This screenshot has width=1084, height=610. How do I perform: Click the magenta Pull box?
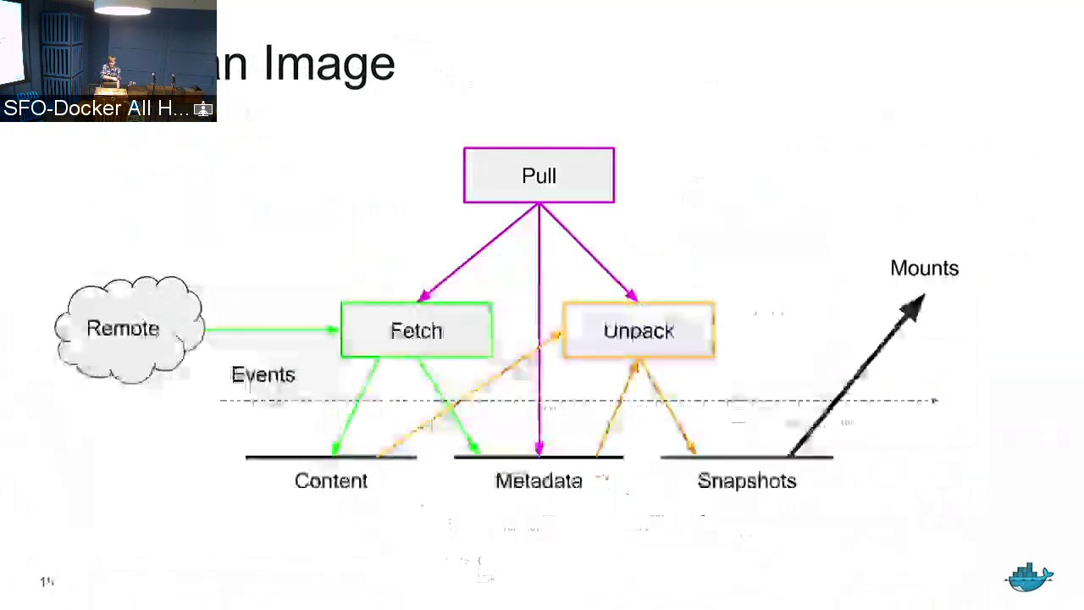pos(539,175)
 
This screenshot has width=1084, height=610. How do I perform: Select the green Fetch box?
pos(416,330)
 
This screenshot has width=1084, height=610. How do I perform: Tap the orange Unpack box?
pos(639,330)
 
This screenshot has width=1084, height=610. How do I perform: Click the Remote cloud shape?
pos(127,329)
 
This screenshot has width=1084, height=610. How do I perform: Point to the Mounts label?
pos(924,269)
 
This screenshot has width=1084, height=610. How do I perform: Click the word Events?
pos(263,375)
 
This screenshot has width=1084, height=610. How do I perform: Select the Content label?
pos(330,481)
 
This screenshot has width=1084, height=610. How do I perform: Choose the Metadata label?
pos(539,481)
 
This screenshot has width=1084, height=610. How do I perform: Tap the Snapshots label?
pos(746,481)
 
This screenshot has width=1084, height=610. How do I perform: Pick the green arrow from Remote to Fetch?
pos(271,330)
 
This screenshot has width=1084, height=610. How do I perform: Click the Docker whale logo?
pos(1029,578)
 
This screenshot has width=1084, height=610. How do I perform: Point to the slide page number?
pos(47,582)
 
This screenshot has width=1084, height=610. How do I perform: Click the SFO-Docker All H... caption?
pos(96,108)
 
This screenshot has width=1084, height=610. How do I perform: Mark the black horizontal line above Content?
pos(330,457)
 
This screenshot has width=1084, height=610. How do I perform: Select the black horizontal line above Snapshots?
pos(746,457)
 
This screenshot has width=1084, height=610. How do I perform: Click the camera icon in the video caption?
pos(203,109)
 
